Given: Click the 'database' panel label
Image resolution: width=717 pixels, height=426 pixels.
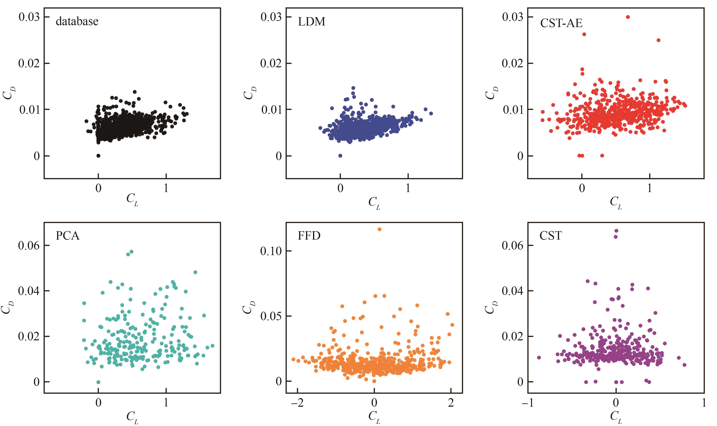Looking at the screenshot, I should pos(77,22).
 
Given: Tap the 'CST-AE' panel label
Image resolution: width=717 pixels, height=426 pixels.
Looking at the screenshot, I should pos(561,23).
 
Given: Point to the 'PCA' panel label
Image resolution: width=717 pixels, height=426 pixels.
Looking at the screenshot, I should pos(67,236).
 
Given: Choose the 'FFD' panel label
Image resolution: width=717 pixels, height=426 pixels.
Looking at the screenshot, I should pos(309,236).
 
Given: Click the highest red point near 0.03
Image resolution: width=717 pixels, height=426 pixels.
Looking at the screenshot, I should pos(627,17).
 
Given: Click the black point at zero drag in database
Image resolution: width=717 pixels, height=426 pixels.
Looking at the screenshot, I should pos(98,156).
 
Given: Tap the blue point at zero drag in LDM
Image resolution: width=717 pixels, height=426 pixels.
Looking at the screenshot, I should pos(340,156).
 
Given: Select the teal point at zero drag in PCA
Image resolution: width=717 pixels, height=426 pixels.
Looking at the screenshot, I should pos(98,382).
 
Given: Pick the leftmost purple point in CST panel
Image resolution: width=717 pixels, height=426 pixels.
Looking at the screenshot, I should pos(539,358).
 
